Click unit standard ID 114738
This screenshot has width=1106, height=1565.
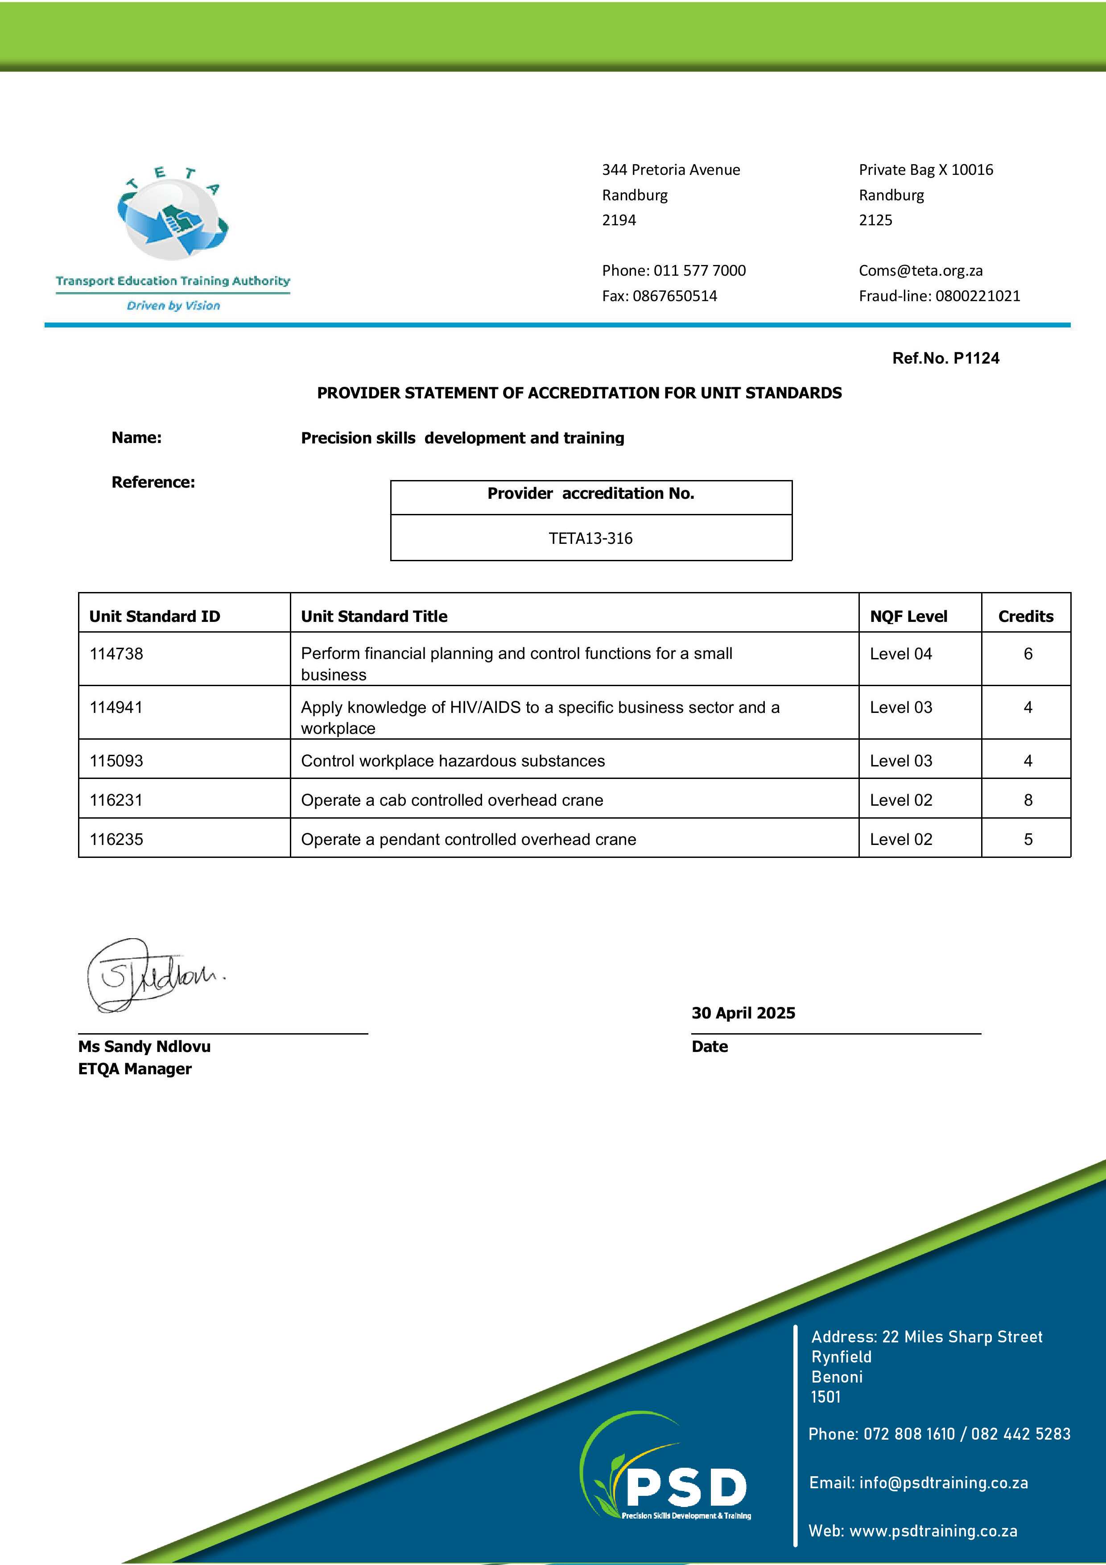click(x=116, y=654)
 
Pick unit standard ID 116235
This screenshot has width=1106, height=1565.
click(x=116, y=839)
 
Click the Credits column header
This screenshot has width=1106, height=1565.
click(x=1026, y=616)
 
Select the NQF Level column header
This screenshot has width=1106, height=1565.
click(x=908, y=616)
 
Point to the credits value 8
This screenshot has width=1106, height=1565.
click(x=1028, y=800)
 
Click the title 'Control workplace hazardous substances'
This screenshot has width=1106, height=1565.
click(x=453, y=761)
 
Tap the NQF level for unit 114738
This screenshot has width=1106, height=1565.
click(x=900, y=654)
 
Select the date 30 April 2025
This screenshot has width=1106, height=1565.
click(x=743, y=1013)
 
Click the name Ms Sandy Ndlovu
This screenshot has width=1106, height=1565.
click(x=144, y=1046)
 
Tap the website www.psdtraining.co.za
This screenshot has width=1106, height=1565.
click(x=933, y=1531)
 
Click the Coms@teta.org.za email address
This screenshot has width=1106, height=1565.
click(x=920, y=271)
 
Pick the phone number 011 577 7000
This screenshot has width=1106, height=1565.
click(x=699, y=271)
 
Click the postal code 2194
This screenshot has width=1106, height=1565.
click(x=619, y=220)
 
